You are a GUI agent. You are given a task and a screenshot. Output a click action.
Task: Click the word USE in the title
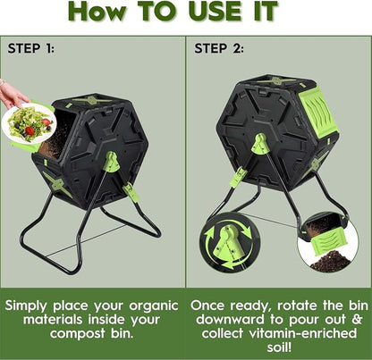[215, 11]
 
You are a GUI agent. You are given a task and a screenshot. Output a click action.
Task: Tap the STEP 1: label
[31, 48]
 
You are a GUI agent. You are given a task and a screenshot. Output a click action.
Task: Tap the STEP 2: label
[219, 48]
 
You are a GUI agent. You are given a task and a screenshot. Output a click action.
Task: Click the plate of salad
[29, 123]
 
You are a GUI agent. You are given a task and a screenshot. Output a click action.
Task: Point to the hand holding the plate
[13, 95]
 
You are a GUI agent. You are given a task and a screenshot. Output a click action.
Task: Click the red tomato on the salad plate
[30, 130]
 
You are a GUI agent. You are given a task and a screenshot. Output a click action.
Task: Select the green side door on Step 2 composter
[317, 112]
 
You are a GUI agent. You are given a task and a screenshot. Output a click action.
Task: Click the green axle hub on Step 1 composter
[112, 162]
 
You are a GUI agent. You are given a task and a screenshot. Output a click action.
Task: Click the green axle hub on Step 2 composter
[260, 144]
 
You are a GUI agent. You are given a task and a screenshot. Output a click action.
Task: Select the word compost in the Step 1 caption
[78, 333]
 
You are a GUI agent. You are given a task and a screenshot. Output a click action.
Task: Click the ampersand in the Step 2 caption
[356, 320]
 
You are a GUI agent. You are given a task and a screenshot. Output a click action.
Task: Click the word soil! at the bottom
[279, 347]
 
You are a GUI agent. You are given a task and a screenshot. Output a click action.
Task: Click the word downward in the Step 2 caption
[230, 320]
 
